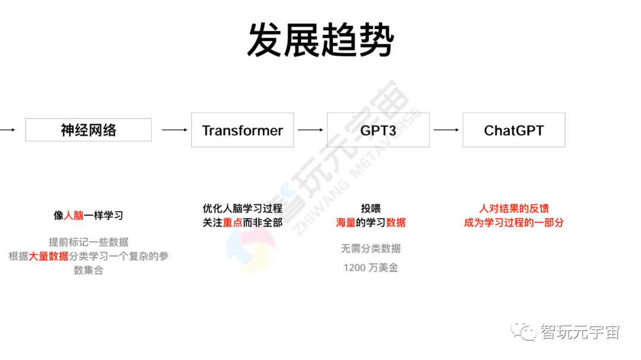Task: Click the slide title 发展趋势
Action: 320,40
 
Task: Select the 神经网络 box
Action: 88,130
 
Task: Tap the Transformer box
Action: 242,130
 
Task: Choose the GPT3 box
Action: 378,130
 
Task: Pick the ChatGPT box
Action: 514,130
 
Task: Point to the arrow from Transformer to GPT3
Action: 310,130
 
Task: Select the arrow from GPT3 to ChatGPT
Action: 446,130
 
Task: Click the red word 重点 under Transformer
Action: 233,223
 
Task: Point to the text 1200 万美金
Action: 370,268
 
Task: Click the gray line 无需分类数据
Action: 370,249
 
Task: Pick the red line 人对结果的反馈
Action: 514,209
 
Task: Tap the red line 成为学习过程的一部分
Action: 514,223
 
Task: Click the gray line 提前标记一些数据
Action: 88,242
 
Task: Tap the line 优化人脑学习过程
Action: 242,209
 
